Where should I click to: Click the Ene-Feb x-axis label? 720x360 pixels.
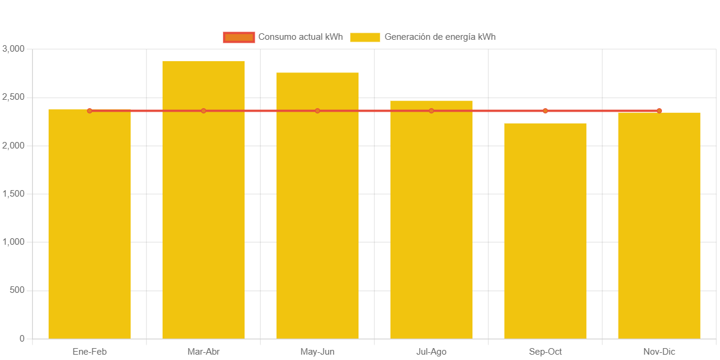(90, 352)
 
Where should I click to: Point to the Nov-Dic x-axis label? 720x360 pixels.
(659, 352)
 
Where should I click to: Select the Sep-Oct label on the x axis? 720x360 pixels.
(545, 352)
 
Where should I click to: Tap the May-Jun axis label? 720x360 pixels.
(318, 352)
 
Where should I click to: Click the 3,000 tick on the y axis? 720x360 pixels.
(13, 48)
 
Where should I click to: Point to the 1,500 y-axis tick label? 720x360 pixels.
(13, 194)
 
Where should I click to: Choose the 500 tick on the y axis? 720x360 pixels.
(17, 290)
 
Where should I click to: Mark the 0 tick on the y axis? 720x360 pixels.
(22, 339)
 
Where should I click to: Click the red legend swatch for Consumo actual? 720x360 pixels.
(239, 37)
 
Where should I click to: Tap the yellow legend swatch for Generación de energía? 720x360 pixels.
(365, 37)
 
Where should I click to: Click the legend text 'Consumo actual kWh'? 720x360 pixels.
(300, 37)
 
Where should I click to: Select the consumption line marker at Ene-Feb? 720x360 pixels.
(90, 110)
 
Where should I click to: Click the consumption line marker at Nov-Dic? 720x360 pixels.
(659, 110)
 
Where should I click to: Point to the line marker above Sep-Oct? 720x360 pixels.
(545, 110)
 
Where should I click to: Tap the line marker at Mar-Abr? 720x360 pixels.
(204, 110)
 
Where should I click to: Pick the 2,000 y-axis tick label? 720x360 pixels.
(13, 145)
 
